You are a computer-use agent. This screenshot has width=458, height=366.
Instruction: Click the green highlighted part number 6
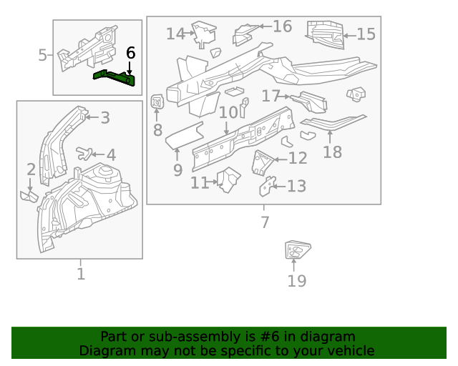pos(114,77)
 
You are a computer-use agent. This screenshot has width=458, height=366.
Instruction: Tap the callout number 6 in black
pos(130,53)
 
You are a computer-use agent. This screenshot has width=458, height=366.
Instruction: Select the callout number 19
pos(296,281)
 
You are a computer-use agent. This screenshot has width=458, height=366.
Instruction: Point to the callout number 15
pos(366,34)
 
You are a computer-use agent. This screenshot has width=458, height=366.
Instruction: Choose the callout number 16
pos(282,26)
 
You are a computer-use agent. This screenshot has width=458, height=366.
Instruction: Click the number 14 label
pos(175,34)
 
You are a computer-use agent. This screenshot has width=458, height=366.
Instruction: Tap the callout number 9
pos(177,170)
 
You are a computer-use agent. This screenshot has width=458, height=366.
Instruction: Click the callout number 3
pos(104,118)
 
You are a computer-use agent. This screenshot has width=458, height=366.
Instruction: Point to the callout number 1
pos(80,274)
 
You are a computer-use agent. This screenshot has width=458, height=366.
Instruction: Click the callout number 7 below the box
pos(265,222)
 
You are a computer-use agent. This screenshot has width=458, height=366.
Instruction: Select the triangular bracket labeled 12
pos(263,162)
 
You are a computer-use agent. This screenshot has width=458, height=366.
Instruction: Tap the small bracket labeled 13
pos(267,186)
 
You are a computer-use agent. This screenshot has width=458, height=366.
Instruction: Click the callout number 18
pos(332,152)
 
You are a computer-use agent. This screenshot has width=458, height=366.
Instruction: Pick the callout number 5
pos(42,55)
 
